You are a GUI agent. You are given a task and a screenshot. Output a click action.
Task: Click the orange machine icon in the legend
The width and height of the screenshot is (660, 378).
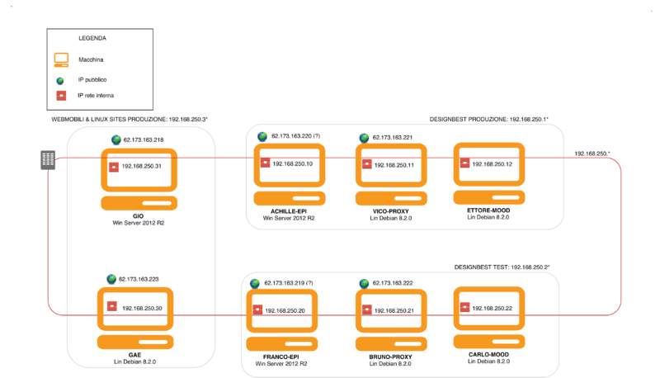[x=61, y=59]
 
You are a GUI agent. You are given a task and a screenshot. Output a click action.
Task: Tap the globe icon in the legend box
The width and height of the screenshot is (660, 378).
[x=60, y=80]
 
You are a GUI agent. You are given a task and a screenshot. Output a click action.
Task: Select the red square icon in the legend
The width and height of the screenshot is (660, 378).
[x=60, y=97]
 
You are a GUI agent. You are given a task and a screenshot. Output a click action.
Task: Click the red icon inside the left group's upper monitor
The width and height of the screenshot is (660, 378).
[x=114, y=167]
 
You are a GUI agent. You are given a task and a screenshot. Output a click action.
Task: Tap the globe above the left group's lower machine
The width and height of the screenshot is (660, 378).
[x=112, y=279]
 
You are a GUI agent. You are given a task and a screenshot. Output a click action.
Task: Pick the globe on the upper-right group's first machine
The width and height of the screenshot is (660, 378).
[x=262, y=136]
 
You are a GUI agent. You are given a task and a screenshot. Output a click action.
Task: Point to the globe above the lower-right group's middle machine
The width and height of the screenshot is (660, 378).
[x=364, y=283]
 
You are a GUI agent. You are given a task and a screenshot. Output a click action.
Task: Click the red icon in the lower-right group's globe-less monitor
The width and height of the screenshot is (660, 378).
[x=465, y=307]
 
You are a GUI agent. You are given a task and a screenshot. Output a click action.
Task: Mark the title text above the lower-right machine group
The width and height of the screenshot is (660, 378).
[x=502, y=267]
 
